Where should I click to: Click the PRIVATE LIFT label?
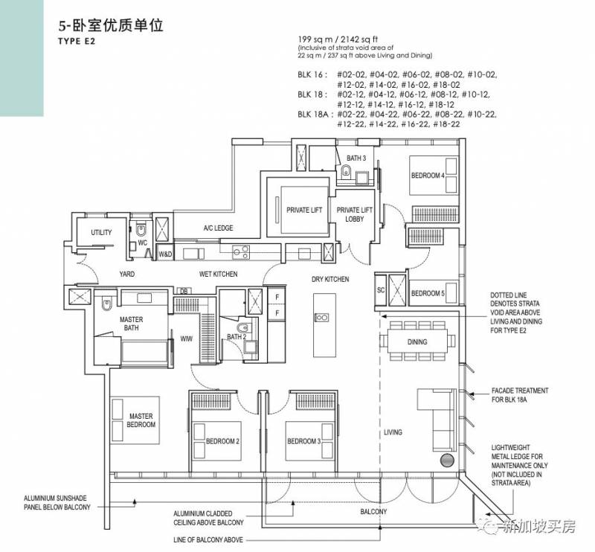coord(304,210)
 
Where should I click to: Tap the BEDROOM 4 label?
coord(428,176)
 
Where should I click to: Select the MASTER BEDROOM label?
coord(141,420)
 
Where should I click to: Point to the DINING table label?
coord(417,341)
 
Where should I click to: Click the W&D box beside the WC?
coord(165,254)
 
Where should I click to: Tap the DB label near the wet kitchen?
coord(183,291)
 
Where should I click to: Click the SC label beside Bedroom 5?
coord(381,290)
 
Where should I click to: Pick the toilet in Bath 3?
coord(346,172)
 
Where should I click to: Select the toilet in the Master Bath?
coord(106,304)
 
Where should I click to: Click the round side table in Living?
coord(447,460)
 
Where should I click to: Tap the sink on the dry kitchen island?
coord(322,317)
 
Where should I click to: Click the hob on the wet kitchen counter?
coord(241,251)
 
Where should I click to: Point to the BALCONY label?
coord(373,511)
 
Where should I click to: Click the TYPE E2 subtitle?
coord(77,42)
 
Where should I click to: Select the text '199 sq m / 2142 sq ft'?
coord(338,39)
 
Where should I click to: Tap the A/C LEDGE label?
coord(218,228)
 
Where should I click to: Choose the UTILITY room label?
coord(101,232)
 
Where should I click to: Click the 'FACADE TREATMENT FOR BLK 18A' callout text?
coord(520,395)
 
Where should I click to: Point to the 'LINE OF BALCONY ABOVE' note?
coord(208,539)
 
